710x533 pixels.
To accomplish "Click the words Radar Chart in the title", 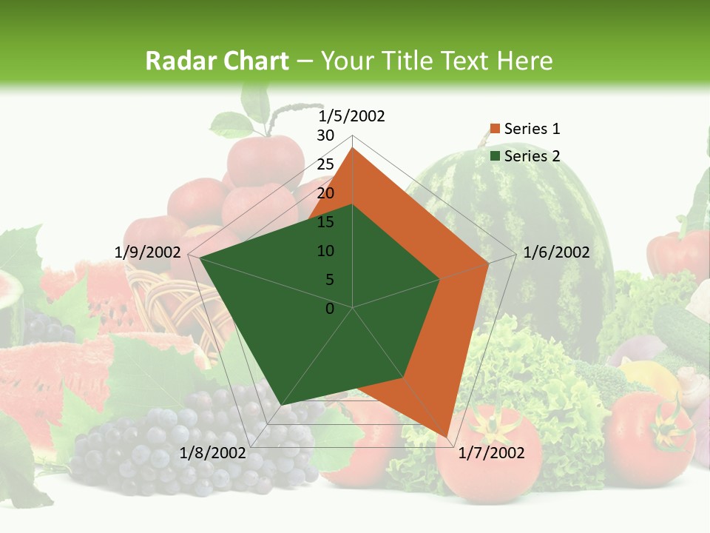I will click(217, 61).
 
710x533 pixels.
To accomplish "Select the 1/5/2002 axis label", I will click(351, 116).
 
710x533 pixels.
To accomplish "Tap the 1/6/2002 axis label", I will click(556, 252).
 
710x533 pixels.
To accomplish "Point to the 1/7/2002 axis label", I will click(490, 453).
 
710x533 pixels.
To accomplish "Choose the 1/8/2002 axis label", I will click(213, 453).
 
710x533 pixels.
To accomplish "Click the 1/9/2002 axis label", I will click(148, 252).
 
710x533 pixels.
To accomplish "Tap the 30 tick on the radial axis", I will click(325, 135).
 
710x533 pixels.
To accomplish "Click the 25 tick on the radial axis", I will click(325, 164).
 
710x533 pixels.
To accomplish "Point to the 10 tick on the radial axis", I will click(325, 251).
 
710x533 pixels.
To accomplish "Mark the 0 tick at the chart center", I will click(330, 309).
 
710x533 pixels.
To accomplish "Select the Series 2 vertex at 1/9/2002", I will click(200, 258).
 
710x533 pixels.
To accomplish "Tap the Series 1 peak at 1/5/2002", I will click(353, 147).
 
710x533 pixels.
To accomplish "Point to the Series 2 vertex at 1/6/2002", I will click(440, 279).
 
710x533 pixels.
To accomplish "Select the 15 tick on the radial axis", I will click(325, 222).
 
